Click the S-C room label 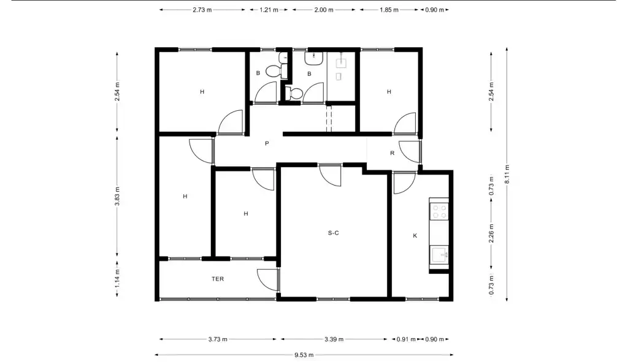333,233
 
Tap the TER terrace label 218,279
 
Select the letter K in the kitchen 415,236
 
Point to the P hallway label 267,143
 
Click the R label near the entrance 392,153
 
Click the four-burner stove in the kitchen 439,211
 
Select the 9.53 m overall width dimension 304,355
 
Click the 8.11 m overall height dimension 507,174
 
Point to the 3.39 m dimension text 334,339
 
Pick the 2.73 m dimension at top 202,10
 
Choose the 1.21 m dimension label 269,10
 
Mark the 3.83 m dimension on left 117,196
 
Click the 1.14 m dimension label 117,279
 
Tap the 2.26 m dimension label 491,233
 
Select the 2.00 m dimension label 324,10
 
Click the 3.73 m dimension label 218,339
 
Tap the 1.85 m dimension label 389,10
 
